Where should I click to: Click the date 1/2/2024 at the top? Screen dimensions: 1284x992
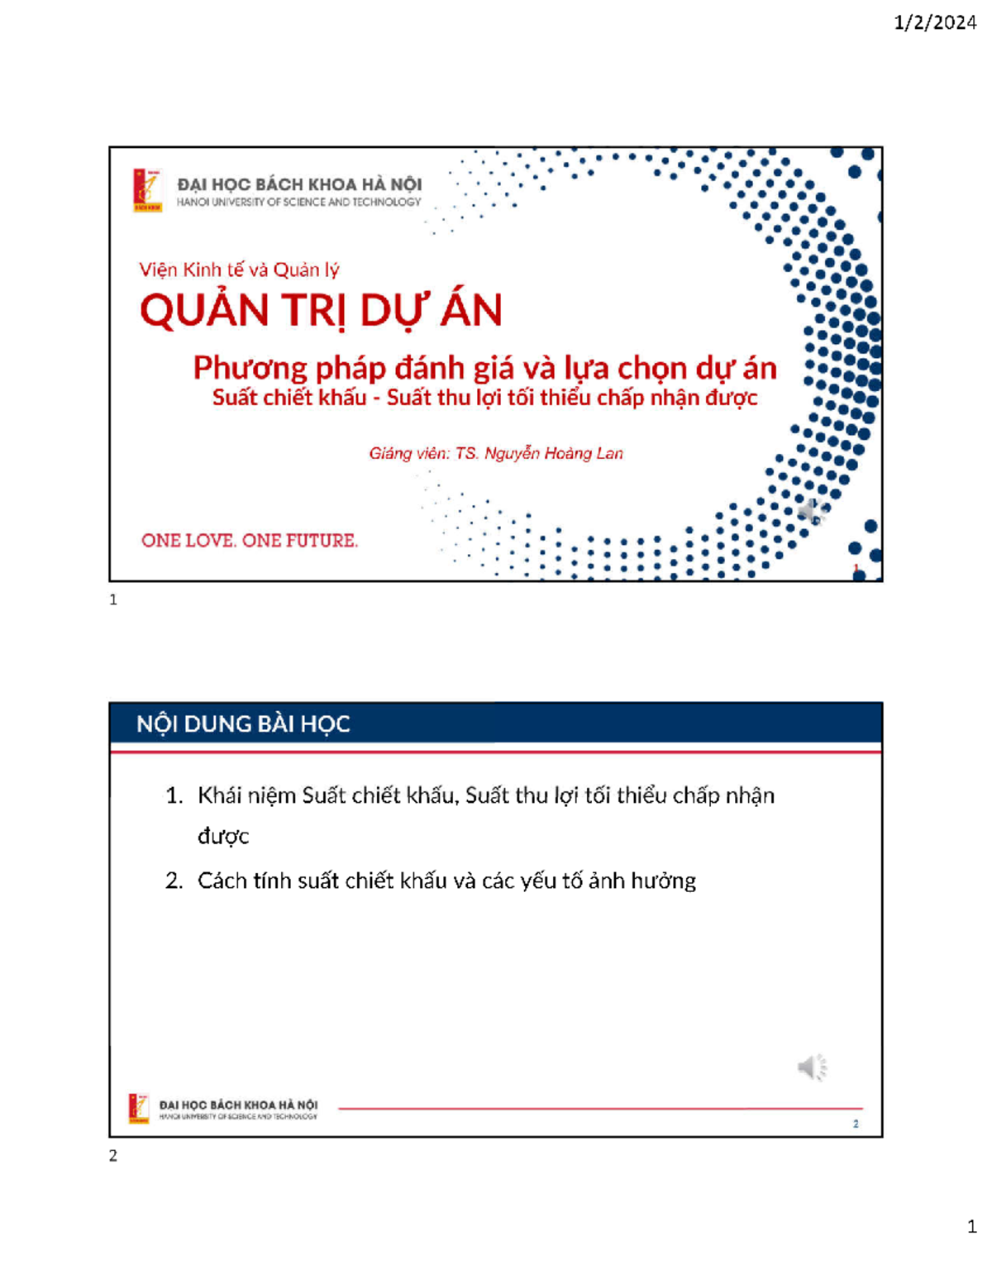click(935, 22)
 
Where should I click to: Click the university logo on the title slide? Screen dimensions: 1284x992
click(148, 190)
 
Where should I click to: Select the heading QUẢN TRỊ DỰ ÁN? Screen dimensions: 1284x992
click(321, 311)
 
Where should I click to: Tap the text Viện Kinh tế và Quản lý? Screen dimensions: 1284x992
click(239, 270)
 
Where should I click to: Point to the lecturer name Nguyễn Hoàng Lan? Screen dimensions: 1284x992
click(553, 453)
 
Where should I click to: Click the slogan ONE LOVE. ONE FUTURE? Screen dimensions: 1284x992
click(250, 541)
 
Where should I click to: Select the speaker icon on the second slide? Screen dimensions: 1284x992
click(812, 1067)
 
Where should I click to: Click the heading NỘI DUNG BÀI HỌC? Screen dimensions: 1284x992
click(243, 724)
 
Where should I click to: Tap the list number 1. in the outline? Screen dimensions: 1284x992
click(174, 796)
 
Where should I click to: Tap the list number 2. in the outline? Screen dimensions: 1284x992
click(174, 881)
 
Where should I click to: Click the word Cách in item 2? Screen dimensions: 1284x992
click(222, 881)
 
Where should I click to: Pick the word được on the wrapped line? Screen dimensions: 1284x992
click(223, 837)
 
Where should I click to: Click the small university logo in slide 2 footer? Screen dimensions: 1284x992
click(139, 1108)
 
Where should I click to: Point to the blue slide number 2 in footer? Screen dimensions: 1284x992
click(856, 1124)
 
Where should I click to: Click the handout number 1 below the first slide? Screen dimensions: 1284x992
click(113, 600)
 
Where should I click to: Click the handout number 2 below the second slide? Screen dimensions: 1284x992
click(113, 1156)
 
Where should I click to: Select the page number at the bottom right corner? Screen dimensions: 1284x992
click(972, 1226)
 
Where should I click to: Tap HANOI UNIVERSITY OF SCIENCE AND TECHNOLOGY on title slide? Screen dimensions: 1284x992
click(298, 203)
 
